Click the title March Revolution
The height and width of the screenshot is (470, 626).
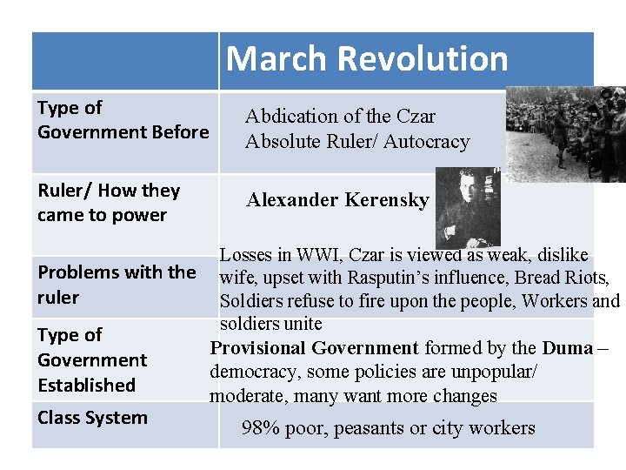pos(367,59)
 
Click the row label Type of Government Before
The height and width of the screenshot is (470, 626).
pos(123,120)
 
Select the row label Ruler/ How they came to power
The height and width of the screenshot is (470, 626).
pos(109,203)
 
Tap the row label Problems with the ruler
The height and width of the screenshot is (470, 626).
pos(117,285)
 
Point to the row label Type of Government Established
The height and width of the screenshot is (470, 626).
pos(92,359)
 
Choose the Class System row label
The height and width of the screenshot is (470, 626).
pos(92,418)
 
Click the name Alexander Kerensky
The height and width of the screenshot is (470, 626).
pos(337,200)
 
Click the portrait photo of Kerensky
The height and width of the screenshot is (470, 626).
pos(468,206)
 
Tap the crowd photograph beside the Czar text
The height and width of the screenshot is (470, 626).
pos(566,132)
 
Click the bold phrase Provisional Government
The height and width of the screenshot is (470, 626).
pos(315,348)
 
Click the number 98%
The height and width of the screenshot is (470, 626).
pos(259,428)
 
